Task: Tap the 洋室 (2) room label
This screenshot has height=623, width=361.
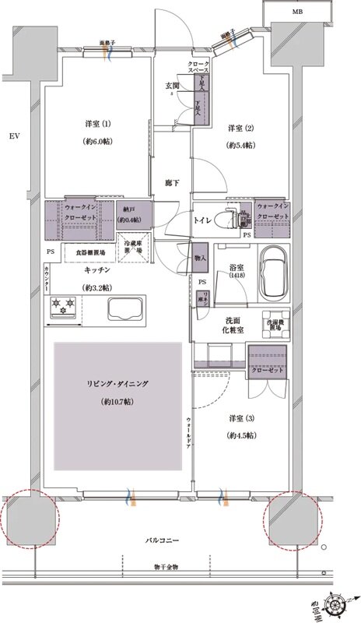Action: tap(239, 128)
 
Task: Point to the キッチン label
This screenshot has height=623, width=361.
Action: tap(96, 270)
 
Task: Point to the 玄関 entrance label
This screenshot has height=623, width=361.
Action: tap(172, 86)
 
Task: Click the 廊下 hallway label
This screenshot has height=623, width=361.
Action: tap(172, 183)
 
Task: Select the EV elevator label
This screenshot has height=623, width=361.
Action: tap(13, 137)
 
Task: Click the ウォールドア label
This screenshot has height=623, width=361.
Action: tap(188, 432)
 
